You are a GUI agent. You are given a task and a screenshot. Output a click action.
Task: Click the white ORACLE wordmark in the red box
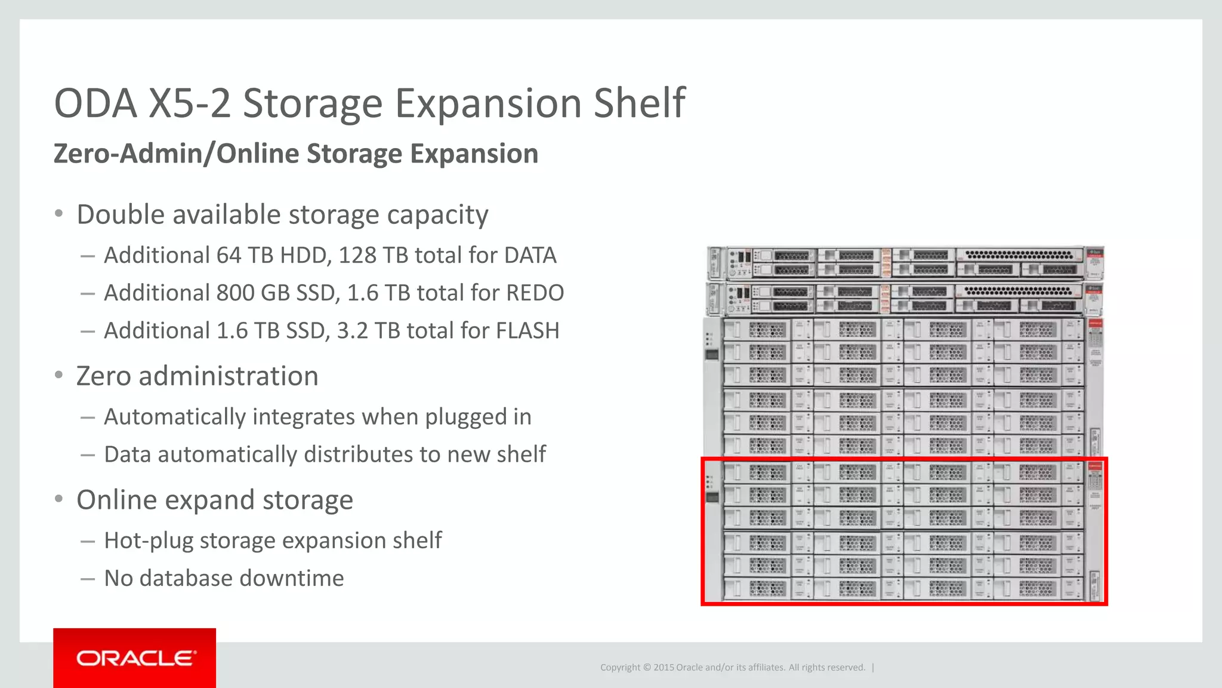[135, 658]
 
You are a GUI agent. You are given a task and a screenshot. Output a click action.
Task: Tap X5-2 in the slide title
[189, 103]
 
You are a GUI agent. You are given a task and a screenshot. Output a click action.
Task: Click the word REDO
[535, 293]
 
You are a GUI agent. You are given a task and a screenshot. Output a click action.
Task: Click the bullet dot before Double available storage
[58, 214]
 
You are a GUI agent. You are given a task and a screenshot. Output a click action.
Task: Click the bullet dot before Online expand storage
[58, 499]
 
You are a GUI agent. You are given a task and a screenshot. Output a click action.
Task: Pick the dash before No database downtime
[88, 578]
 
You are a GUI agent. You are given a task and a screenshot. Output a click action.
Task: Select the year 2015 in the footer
[664, 667]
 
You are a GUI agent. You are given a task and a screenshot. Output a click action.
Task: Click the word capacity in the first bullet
[437, 214]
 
